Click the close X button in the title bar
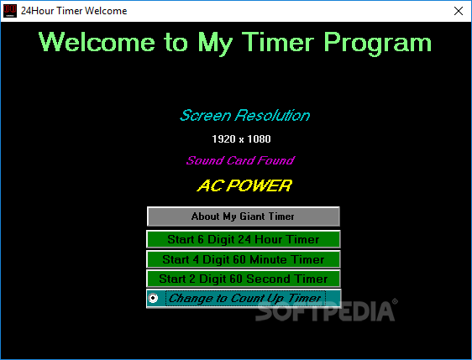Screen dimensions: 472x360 (x=459, y=11)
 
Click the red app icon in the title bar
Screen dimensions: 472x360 (x=10, y=11)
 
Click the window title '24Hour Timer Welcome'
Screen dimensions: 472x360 (x=74, y=11)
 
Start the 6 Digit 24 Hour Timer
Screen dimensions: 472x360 (x=244, y=239)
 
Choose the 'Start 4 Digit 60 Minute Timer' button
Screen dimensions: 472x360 (x=244, y=259)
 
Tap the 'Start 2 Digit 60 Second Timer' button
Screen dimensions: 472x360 (x=244, y=279)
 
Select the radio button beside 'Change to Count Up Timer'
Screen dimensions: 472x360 (x=153, y=298)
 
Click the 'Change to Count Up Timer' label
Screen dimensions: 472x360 (x=245, y=298)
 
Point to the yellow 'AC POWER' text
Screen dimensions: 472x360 (x=244, y=185)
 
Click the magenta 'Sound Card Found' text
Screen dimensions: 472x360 (x=240, y=160)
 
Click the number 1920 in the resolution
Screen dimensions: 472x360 (x=223, y=139)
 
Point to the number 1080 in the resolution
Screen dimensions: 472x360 (x=259, y=139)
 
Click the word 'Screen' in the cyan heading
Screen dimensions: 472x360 (x=206, y=115)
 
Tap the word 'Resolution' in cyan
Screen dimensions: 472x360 (x=273, y=115)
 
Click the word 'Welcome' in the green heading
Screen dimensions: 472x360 (x=97, y=42)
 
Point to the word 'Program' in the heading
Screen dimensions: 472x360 (x=378, y=44)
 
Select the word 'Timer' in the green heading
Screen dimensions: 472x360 (x=278, y=42)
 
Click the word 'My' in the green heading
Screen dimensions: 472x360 (x=215, y=44)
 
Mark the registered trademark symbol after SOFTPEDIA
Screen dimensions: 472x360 (x=395, y=301)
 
